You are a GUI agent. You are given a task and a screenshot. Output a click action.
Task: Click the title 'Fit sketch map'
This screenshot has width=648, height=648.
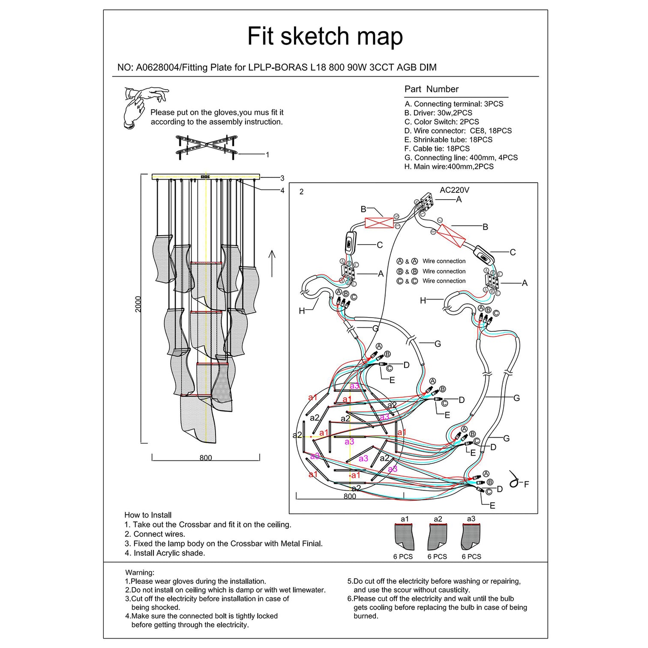pyautogui.click(x=325, y=36)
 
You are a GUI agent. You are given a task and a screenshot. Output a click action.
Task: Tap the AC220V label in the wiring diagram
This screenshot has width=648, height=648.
pyautogui.click(x=454, y=190)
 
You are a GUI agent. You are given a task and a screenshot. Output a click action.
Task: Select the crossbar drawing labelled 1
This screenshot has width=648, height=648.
pyautogui.click(x=207, y=147)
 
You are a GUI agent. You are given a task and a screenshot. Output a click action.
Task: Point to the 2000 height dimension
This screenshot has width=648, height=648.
pyautogui.click(x=138, y=304)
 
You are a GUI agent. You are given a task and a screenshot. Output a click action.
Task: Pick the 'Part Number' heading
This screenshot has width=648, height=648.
pyautogui.click(x=431, y=89)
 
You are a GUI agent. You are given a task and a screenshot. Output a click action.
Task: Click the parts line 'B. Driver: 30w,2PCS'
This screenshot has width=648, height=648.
pyautogui.click(x=438, y=113)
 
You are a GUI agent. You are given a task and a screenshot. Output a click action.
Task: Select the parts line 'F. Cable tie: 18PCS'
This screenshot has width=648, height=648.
pyautogui.click(x=437, y=149)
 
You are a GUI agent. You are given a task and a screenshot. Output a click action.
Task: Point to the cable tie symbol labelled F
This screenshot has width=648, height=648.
pyautogui.click(x=515, y=480)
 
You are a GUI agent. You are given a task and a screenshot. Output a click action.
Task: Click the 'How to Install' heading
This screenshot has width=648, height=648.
pyautogui.click(x=148, y=515)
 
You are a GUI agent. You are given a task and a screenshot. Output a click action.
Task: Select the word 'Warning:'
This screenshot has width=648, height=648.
pyautogui.click(x=140, y=573)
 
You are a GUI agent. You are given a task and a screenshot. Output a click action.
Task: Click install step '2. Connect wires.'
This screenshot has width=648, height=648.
pyautogui.click(x=155, y=534)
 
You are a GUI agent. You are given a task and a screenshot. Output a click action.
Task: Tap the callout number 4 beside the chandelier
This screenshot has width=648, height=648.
pyautogui.click(x=282, y=190)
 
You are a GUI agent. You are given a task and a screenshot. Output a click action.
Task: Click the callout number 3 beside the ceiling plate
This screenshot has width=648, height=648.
pyautogui.click(x=282, y=178)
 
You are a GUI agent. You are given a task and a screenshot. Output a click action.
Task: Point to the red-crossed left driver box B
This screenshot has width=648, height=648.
pyautogui.click(x=379, y=223)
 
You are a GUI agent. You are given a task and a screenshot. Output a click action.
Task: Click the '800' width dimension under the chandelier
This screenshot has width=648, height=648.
pyautogui.click(x=206, y=458)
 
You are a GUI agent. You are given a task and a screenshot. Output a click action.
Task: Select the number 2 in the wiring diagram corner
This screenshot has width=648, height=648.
pyautogui.click(x=301, y=192)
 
